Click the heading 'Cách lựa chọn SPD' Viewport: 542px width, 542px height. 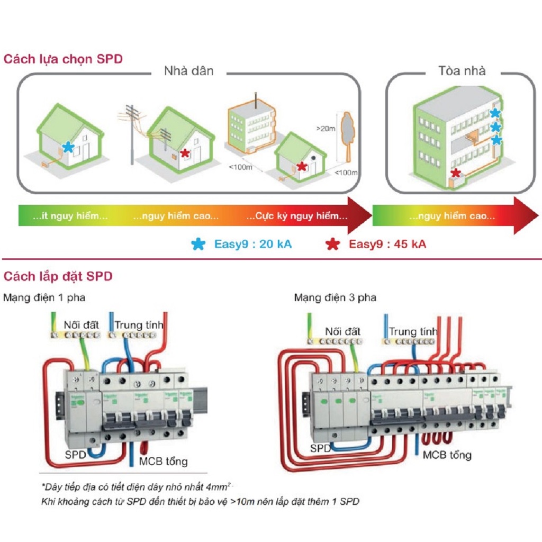[x=63, y=59]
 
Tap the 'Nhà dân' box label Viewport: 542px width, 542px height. [x=188, y=71]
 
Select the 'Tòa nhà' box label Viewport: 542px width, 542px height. [x=462, y=71]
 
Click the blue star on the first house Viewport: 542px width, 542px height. [x=68, y=147]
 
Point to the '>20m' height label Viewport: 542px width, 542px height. [x=326, y=128]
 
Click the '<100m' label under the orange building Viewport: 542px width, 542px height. [x=240, y=168]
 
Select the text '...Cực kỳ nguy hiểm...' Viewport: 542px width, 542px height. [x=297, y=216]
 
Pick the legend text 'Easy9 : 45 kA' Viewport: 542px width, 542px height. [x=387, y=244]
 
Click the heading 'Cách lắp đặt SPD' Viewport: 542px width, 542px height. [x=58, y=276]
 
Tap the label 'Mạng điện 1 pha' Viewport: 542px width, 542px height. [x=44, y=297]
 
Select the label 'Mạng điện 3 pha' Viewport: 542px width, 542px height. [x=335, y=297]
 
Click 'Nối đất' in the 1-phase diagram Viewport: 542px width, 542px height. [x=82, y=324]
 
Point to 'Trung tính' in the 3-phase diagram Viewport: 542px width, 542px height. [x=413, y=332]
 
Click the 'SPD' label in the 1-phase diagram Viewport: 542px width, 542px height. [x=76, y=454]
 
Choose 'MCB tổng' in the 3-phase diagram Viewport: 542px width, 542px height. [x=447, y=455]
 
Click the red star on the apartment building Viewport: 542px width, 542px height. [x=455, y=173]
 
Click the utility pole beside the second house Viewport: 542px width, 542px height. [x=131, y=135]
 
